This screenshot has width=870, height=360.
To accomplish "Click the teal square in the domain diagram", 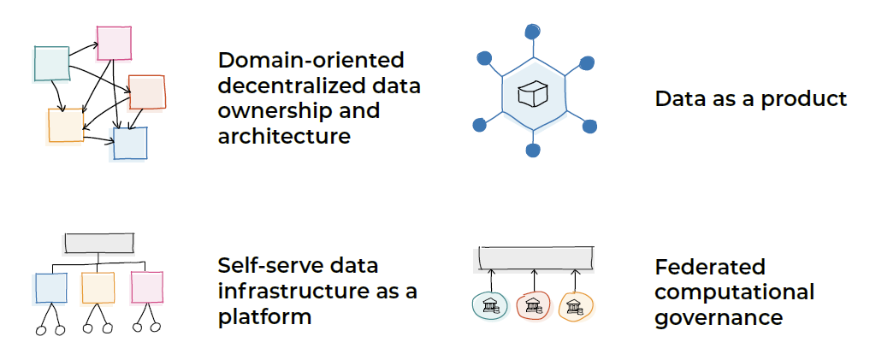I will click(x=51, y=63).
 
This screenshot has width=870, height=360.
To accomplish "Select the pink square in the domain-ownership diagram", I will click(x=113, y=43).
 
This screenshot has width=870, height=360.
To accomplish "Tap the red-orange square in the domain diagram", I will click(x=146, y=92).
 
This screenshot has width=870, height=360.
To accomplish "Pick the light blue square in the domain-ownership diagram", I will click(x=130, y=143).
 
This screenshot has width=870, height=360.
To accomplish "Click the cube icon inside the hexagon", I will click(x=531, y=94).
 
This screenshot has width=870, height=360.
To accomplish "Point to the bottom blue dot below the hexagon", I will click(x=533, y=150).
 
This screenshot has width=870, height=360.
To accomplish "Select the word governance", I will click(x=719, y=317).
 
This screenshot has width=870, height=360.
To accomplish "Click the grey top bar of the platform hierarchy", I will click(x=99, y=243).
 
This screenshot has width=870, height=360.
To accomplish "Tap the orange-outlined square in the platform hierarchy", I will click(x=98, y=287).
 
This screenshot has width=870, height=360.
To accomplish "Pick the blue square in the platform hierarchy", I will click(x=51, y=288).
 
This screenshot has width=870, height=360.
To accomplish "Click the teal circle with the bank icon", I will click(x=490, y=305).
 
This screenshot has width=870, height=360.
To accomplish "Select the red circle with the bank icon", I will click(x=533, y=305).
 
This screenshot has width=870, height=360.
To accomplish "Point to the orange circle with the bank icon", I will click(x=576, y=305).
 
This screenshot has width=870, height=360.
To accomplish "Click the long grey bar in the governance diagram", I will click(x=536, y=257).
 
